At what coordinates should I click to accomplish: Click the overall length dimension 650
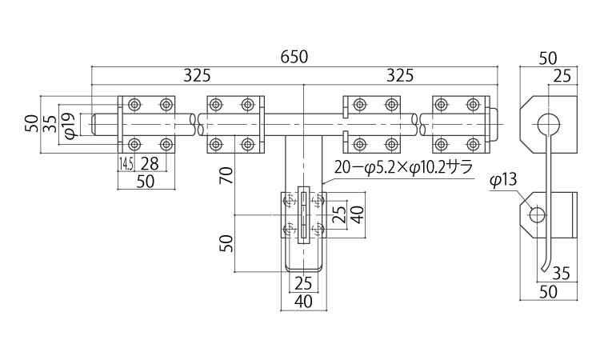point(294,58)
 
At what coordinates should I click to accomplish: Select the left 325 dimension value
point(197,76)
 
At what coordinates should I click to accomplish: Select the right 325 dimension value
point(399,76)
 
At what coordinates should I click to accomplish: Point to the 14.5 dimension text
point(126,164)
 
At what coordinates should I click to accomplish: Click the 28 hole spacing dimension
point(149,164)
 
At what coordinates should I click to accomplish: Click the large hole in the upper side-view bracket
point(548,123)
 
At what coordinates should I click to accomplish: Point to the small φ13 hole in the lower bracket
point(537,214)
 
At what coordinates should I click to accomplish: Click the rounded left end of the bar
point(94,124)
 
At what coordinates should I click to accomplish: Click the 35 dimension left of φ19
point(50,124)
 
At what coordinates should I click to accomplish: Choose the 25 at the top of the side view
point(562,76)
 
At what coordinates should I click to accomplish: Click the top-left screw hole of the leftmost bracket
point(134,104)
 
